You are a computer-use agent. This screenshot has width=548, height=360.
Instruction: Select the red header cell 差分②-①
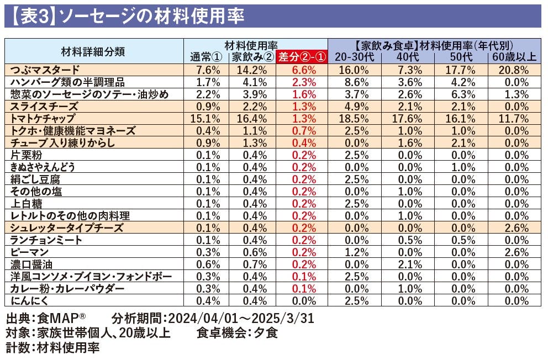click(x=302, y=57)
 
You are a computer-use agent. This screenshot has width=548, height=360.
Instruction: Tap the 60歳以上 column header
click(x=513, y=57)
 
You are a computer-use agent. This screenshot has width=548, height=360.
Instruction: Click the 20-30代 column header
click(x=353, y=57)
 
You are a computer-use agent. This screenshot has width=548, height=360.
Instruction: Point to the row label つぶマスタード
click(x=45, y=70)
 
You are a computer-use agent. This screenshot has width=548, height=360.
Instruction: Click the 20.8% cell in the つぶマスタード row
click(x=513, y=70)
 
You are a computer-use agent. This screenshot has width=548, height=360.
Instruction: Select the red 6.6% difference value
click(x=302, y=70)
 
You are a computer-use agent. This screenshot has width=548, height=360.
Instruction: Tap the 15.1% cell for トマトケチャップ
click(x=209, y=118)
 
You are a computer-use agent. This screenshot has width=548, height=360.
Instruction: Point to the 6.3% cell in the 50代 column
click(x=462, y=94)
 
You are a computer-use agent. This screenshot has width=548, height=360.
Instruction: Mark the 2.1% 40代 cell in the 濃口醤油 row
click(x=410, y=264)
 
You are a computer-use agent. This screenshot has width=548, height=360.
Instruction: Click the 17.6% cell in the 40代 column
click(x=409, y=118)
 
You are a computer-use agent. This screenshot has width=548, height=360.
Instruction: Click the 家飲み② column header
click(x=252, y=57)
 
